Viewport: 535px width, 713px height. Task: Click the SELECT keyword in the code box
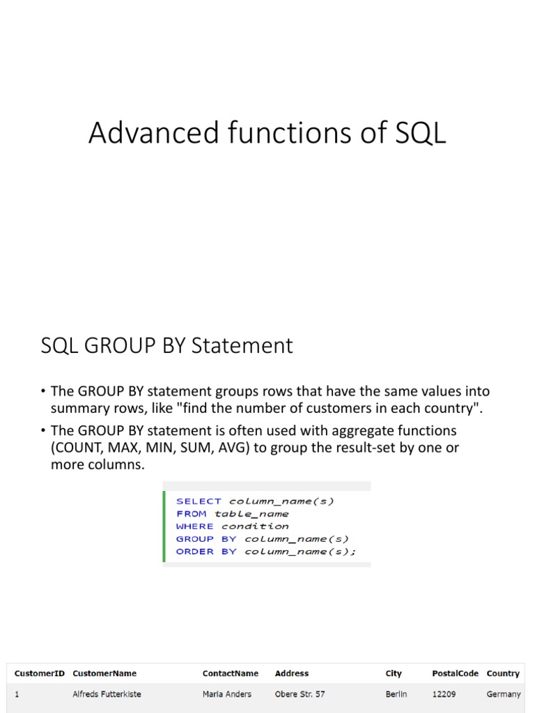point(199,501)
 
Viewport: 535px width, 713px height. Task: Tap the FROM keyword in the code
point(191,514)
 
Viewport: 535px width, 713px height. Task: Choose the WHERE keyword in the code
point(194,526)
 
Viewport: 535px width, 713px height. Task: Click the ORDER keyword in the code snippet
point(195,551)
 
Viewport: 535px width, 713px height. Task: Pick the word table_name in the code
point(251,514)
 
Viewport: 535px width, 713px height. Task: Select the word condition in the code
point(255,526)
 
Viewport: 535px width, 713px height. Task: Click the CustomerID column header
point(40,673)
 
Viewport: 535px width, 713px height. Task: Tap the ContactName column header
point(231,673)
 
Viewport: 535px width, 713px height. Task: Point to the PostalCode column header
point(455,673)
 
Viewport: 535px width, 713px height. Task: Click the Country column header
point(503,673)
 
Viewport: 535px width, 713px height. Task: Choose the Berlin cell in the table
point(396,694)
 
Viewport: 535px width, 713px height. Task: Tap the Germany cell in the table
point(504,694)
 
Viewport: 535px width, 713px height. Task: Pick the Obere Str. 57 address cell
point(300,694)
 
